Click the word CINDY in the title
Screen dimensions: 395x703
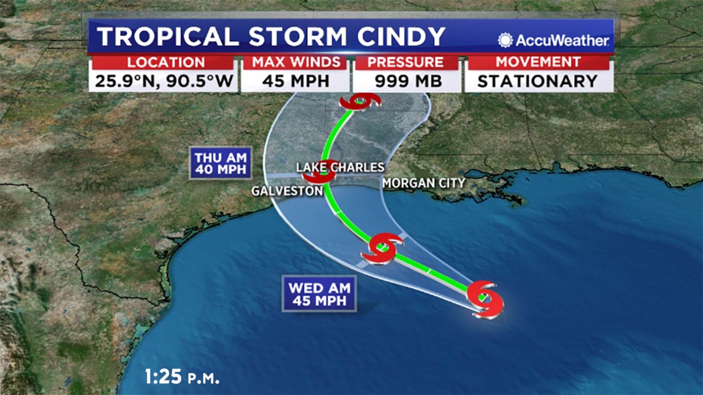(401, 36)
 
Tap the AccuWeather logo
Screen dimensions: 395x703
(554, 40)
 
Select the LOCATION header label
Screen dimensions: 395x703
(166, 62)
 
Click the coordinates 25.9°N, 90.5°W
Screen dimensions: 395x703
(163, 81)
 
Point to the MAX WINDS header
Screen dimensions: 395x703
(296, 62)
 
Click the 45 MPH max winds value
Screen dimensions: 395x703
(296, 81)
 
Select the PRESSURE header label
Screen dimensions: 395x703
(406, 62)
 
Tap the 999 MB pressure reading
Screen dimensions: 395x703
(408, 81)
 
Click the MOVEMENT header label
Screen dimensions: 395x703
(538, 62)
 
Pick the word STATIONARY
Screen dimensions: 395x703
(537, 81)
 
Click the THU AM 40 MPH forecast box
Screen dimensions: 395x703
(221, 163)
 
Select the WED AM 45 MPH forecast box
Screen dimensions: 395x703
(319, 294)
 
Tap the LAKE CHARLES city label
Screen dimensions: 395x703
(340, 167)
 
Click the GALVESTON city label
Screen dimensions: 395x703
(287, 191)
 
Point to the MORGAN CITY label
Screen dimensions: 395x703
(423, 183)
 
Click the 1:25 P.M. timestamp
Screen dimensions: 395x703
(182, 377)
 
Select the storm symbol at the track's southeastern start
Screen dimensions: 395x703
(485, 299)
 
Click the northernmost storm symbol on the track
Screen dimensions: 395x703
(360, 102)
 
